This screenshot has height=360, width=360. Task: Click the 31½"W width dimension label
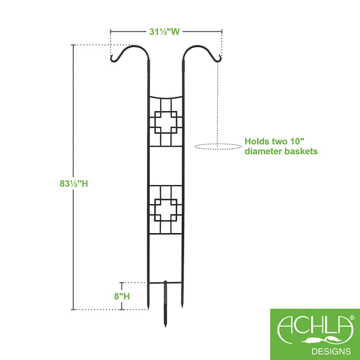[164, 31]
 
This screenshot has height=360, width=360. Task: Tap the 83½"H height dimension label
[74, 184]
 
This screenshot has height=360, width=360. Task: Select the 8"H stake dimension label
[122, 297]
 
